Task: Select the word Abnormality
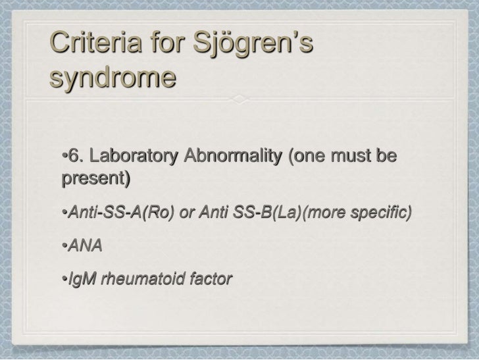222,159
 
